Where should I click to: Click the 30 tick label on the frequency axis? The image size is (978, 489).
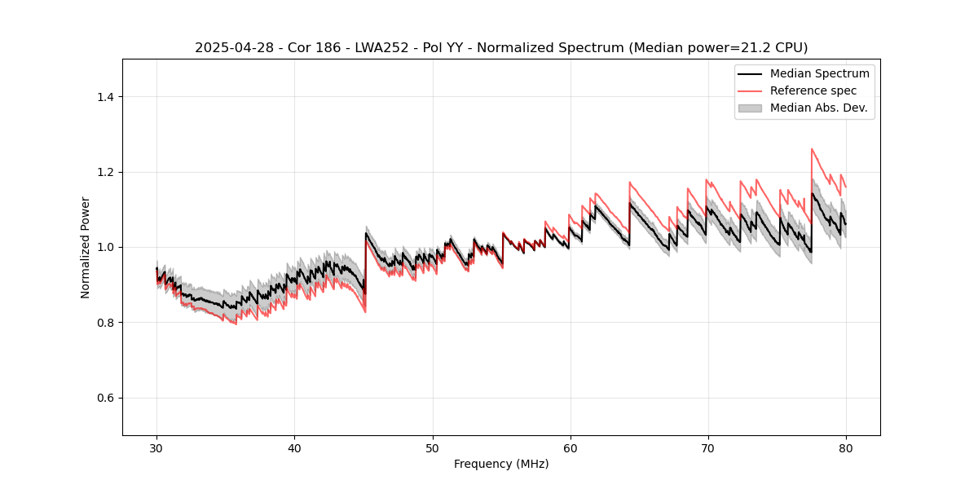(157, 447)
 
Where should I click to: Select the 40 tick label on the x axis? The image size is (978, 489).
(295, 447)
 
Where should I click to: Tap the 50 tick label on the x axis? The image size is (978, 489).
(433, 447)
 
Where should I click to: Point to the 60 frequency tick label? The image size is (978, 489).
(570, 447)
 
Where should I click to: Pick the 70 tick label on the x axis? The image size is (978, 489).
(708, 447)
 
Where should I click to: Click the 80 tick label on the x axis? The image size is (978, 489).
(846, 447)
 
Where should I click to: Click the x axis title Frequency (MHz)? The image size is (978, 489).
(501, 464)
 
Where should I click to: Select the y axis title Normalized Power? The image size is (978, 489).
(86, 247)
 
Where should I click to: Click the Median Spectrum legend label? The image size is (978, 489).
(819, 73)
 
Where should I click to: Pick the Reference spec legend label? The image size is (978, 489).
(813, 90)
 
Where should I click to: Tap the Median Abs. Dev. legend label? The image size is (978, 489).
(818, 108)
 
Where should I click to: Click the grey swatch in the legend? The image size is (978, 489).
(750, 108)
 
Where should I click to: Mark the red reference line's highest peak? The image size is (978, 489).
(812, 148)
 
